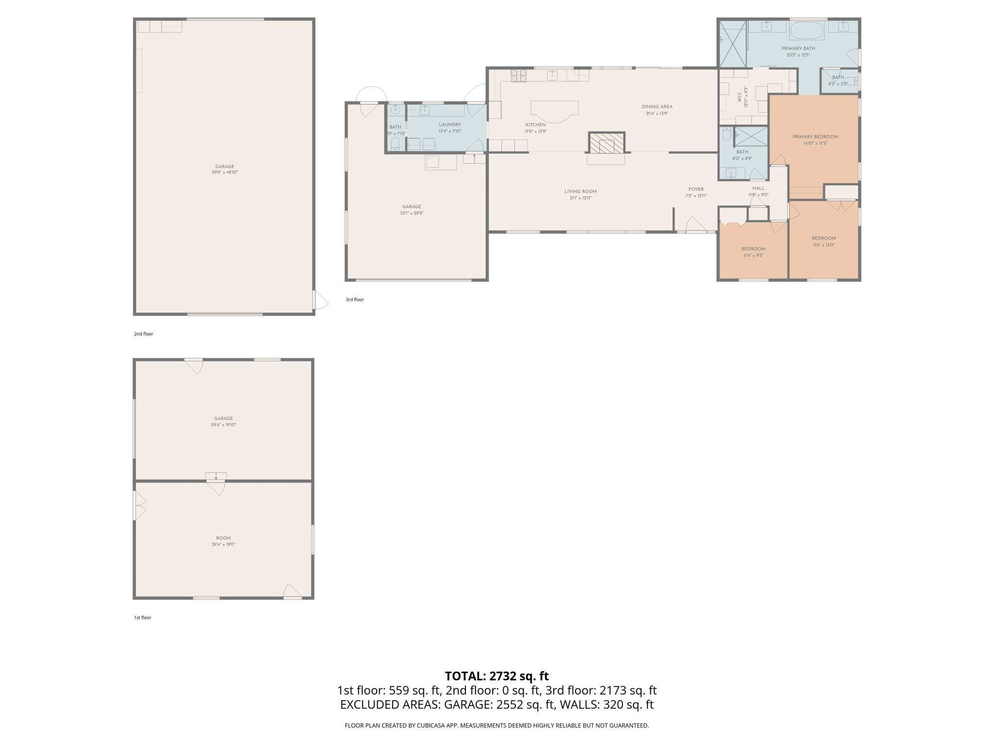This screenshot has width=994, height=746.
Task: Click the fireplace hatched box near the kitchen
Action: [606, 143]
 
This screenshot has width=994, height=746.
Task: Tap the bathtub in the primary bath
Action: [807, 31]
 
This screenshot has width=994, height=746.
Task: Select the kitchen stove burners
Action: [518, 76]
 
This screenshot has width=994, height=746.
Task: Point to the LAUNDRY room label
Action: [449, 125]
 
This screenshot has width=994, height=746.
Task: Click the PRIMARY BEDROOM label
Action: [815, 137]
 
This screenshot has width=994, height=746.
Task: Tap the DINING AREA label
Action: [657, 107]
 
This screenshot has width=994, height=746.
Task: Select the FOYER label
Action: [696, 189]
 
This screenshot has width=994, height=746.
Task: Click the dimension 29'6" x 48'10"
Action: [224, 172]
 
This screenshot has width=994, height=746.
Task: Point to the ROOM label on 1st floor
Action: [223, 538]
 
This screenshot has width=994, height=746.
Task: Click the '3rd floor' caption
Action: [354, 300]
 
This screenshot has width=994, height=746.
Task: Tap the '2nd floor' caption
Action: [143, 334]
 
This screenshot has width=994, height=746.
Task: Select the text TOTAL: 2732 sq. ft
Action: [497, 676]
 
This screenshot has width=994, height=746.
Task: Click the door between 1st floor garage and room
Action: [216, 487]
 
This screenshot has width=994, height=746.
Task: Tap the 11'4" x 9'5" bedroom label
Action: [753, 255]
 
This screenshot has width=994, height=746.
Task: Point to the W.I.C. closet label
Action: [739, 97]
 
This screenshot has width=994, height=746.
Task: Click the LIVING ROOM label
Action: [580, 191]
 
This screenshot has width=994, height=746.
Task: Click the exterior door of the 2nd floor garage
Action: [319, 300]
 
